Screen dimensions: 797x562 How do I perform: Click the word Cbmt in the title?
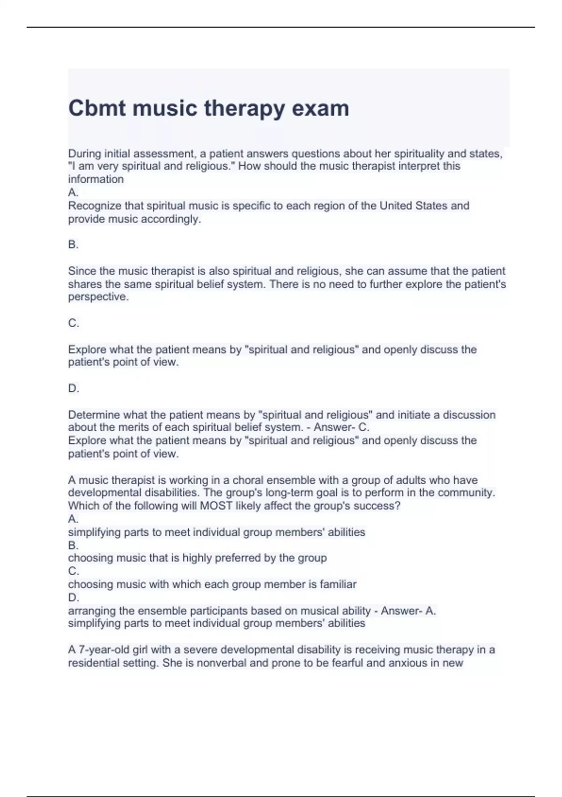coord(97,108)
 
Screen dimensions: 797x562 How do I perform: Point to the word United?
coord(398,206)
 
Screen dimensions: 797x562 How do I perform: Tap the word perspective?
coord(98,297)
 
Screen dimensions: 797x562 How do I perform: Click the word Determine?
coord(92,415)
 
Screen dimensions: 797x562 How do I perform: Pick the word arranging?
coord(92,611)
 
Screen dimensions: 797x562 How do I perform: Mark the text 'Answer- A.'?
coord(408,611)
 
